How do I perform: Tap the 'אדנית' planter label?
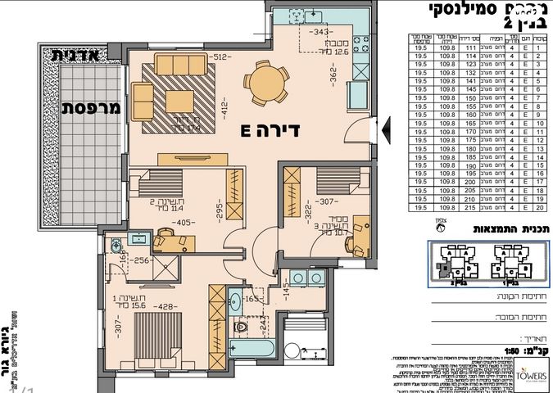75,56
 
